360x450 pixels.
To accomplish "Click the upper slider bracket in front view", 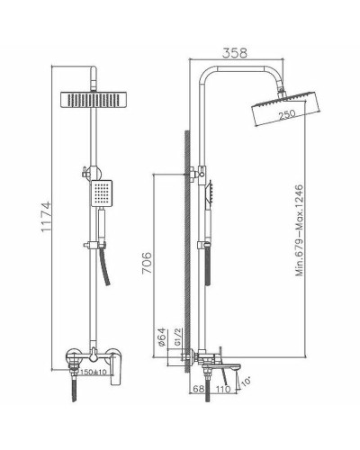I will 91,171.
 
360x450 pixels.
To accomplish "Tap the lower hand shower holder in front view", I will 93,245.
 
